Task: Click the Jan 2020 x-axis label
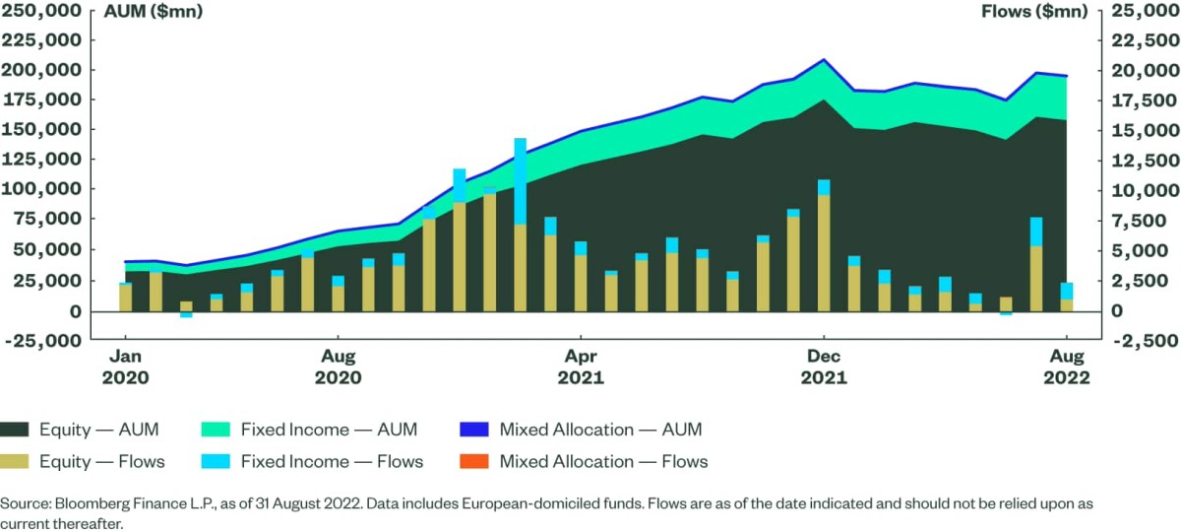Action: pyautogui.click(x=125, y=366)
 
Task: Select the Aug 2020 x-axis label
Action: pyautogui.click(x=339, y=366)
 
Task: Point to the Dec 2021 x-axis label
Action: pyautogui.click(x=823, y=366)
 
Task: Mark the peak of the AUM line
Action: pyautogui.click(x=824, y=60)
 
